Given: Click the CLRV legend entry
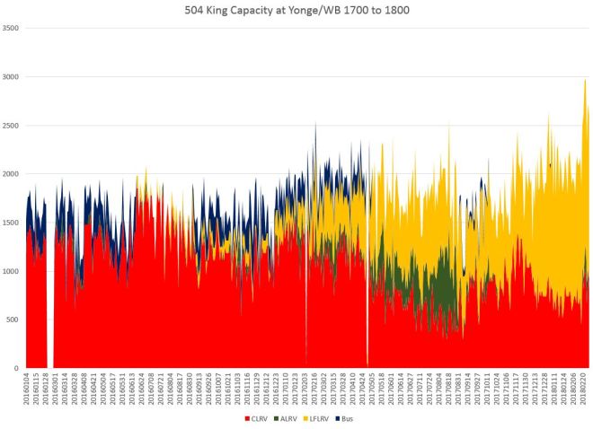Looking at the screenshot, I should pos(259,417).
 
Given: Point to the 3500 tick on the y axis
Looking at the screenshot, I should pos(11,28).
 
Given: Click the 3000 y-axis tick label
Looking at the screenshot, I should pos(11,76).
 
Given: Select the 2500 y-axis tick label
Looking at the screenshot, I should pos(11,125).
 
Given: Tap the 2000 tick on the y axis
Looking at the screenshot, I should pos(11,173).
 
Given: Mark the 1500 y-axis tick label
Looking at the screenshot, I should pos(11,223).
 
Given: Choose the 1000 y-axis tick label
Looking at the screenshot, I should pos(11,271).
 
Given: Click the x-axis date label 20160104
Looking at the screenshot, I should pos(27,390).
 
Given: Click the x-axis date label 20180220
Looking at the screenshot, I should pos(585,390).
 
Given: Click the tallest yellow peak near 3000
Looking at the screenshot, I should pos(585,81).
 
